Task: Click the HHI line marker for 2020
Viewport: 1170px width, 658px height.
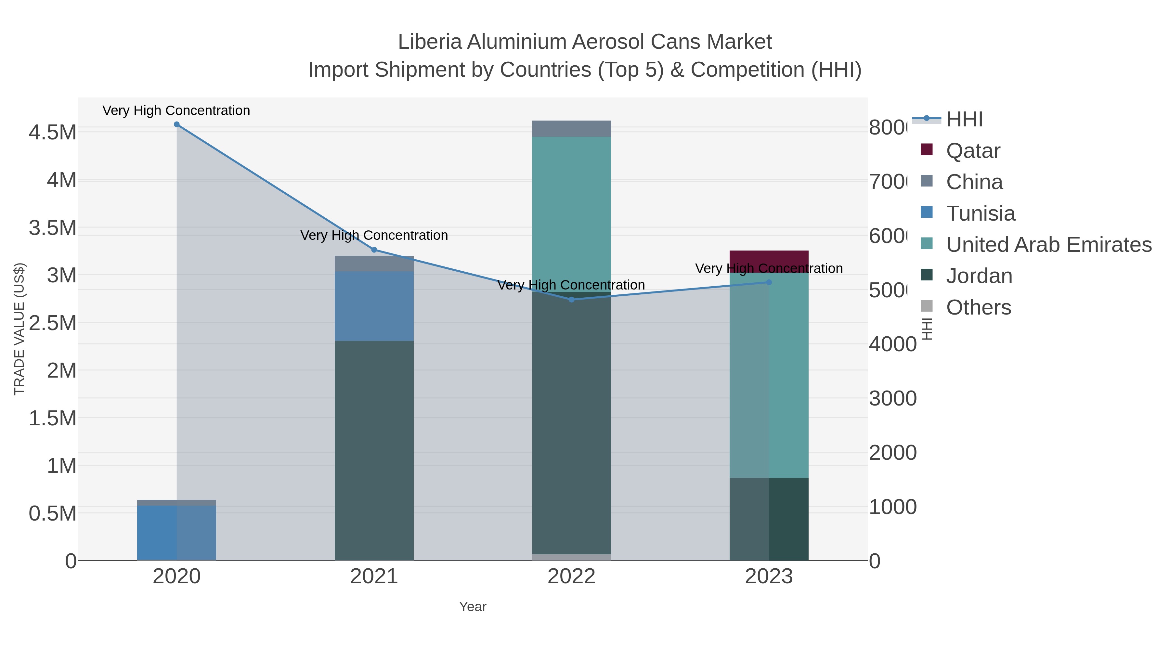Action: pyautogui.click(x=177, y=124)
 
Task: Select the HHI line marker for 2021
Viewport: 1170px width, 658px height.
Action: pyautogui.click(x=374, y=250)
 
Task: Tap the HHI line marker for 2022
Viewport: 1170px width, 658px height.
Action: pyautogui.click(x=571, y=300)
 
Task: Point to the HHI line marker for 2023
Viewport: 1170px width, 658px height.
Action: pyautogui.click(x=769, y=282)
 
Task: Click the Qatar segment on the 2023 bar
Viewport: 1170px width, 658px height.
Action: pyautogui.click(x=769, y=257)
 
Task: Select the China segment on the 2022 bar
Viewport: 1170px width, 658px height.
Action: pyautogui.click(x=571, y=128)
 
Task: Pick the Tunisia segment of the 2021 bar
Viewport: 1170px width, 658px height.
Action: pyautogui.click(x=374, y=306)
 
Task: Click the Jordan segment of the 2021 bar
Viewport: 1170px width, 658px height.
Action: pyautogui.click(x=374, y=450)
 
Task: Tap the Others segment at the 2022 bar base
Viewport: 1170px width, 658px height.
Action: pyautogui.click(x=571, y=557)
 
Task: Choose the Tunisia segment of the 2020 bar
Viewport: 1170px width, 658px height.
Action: pyautogui.click(x=177, y=532)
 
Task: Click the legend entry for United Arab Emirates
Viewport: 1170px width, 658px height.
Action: pyautogui.click(x=1048, y=245)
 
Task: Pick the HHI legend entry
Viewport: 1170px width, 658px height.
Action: pyautogui.click(x=964, y=120)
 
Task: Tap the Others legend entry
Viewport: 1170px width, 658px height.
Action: pyautogui.click(x=978, y=307)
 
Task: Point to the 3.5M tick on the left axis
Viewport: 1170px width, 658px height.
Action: pyautogui.click(x=52, y=228)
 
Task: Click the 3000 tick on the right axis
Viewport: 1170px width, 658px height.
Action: pyautogui.click(x=892, y=399)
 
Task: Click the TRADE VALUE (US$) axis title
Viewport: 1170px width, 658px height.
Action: pyautogui.click(x=19, y=329)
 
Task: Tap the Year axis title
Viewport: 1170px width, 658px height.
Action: pyautogui.click(x=472, y=607)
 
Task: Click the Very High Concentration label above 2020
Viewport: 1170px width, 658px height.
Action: pyautogui.click(x=176, y=110)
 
